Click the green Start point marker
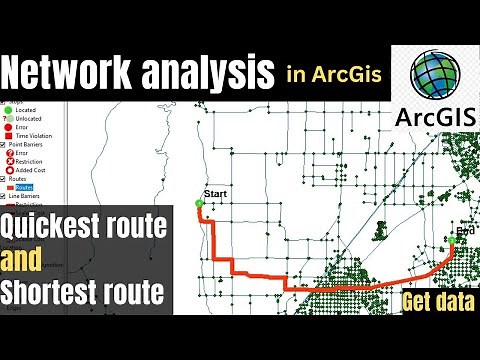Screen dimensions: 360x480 pos(200,203)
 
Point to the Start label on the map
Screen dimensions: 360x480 pos(216,191)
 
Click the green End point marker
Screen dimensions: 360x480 pos(455,241)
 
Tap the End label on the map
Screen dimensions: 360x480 pos(463,229)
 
